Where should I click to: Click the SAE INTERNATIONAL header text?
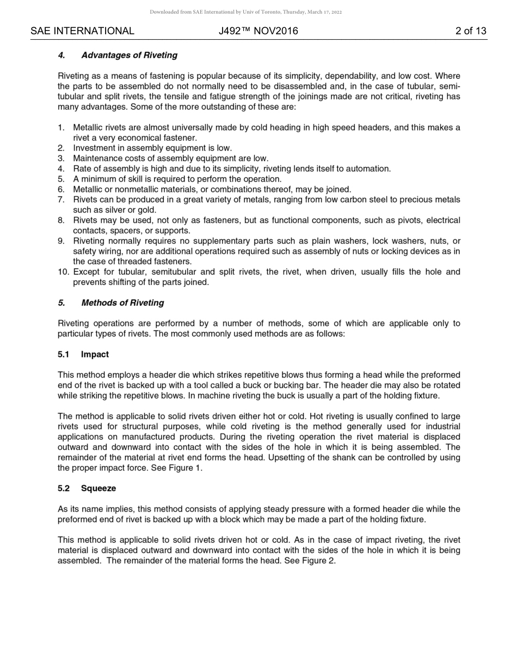(x=82, y=31)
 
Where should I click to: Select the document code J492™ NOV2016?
(x=258, y=31)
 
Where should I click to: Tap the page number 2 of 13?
(x=471, y=31)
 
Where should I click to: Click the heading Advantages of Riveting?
(x=129, y=55)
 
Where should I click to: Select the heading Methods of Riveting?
(x=122, y=303)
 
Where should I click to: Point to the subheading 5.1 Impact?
(x=83, y=355)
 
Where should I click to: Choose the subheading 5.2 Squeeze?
(x=87, y=488)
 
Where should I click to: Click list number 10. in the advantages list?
(x=64, y=272)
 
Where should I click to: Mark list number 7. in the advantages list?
(x=61, y=200)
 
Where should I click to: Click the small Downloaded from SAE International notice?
(x=245, y=12)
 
